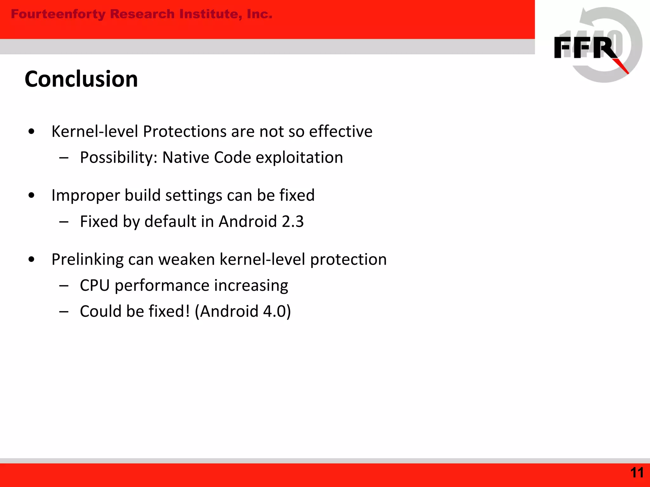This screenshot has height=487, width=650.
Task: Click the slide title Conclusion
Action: [81, 79]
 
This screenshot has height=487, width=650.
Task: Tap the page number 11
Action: [637, 473]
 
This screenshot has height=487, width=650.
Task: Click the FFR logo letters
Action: [586, 48]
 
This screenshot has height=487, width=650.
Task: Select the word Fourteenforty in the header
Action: [58, 14]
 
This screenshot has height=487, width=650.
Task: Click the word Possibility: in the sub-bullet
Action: [119, 158]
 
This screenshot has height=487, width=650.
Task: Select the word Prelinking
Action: [87, 260]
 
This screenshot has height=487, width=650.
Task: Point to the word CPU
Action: [95, 285]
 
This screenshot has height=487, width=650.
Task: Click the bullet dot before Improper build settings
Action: [31, 196]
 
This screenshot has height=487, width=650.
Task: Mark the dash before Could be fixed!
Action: [64, 312]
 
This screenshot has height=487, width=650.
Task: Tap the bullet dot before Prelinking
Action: [31, 260]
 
